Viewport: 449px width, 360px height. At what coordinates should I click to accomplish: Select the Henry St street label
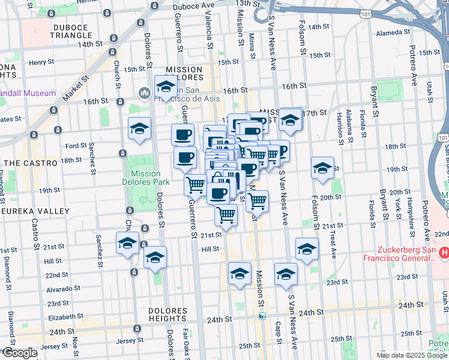41,62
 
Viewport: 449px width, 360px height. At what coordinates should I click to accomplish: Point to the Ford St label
76,146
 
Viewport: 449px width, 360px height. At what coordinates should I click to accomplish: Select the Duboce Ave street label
193,5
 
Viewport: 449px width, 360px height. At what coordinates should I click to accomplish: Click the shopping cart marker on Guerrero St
195,185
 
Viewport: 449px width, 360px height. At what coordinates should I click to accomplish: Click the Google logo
19,353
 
